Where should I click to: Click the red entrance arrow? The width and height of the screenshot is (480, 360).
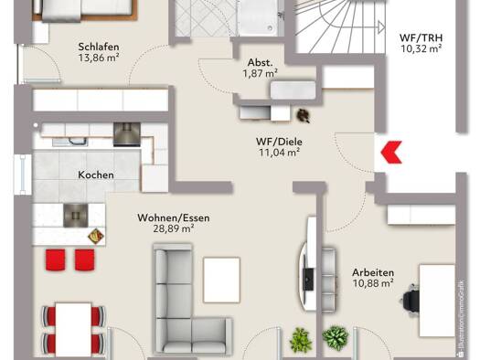[x=391, y=152]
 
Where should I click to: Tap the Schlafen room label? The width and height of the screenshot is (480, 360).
[x=99, y=47]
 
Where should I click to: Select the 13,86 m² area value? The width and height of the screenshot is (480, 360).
[x=99, y=58]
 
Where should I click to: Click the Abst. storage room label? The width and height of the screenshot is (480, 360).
[x=260, y=62]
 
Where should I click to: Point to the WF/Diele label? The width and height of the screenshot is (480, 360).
[x=279, y=142]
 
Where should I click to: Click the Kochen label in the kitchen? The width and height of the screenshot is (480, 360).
[x=96, y=175]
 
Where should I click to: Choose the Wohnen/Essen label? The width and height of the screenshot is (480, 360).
[x=174, y=217]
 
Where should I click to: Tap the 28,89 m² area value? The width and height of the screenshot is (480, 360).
[x=174, y=228]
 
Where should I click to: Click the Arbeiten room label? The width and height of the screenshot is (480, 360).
[x=373, y=272]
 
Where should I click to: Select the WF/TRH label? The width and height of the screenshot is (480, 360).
[x=421, y=38]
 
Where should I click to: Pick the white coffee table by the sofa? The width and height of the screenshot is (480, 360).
[x=221, y=280]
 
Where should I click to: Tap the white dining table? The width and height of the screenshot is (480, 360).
[x=73, y=329]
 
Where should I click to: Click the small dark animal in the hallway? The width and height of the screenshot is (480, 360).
[x=304, y=116]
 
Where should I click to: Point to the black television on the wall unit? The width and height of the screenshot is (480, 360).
[x=308, y=279]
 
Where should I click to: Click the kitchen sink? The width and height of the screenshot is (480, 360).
[x=70, y=142]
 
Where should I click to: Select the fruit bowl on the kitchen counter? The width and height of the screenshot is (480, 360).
[x=96, y=237]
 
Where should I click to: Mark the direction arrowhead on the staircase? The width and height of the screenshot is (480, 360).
[x=381, y=26]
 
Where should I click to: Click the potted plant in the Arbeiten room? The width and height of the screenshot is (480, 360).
[x=336, y=338]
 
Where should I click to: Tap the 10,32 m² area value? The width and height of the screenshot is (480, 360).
[x=421, y=48]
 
